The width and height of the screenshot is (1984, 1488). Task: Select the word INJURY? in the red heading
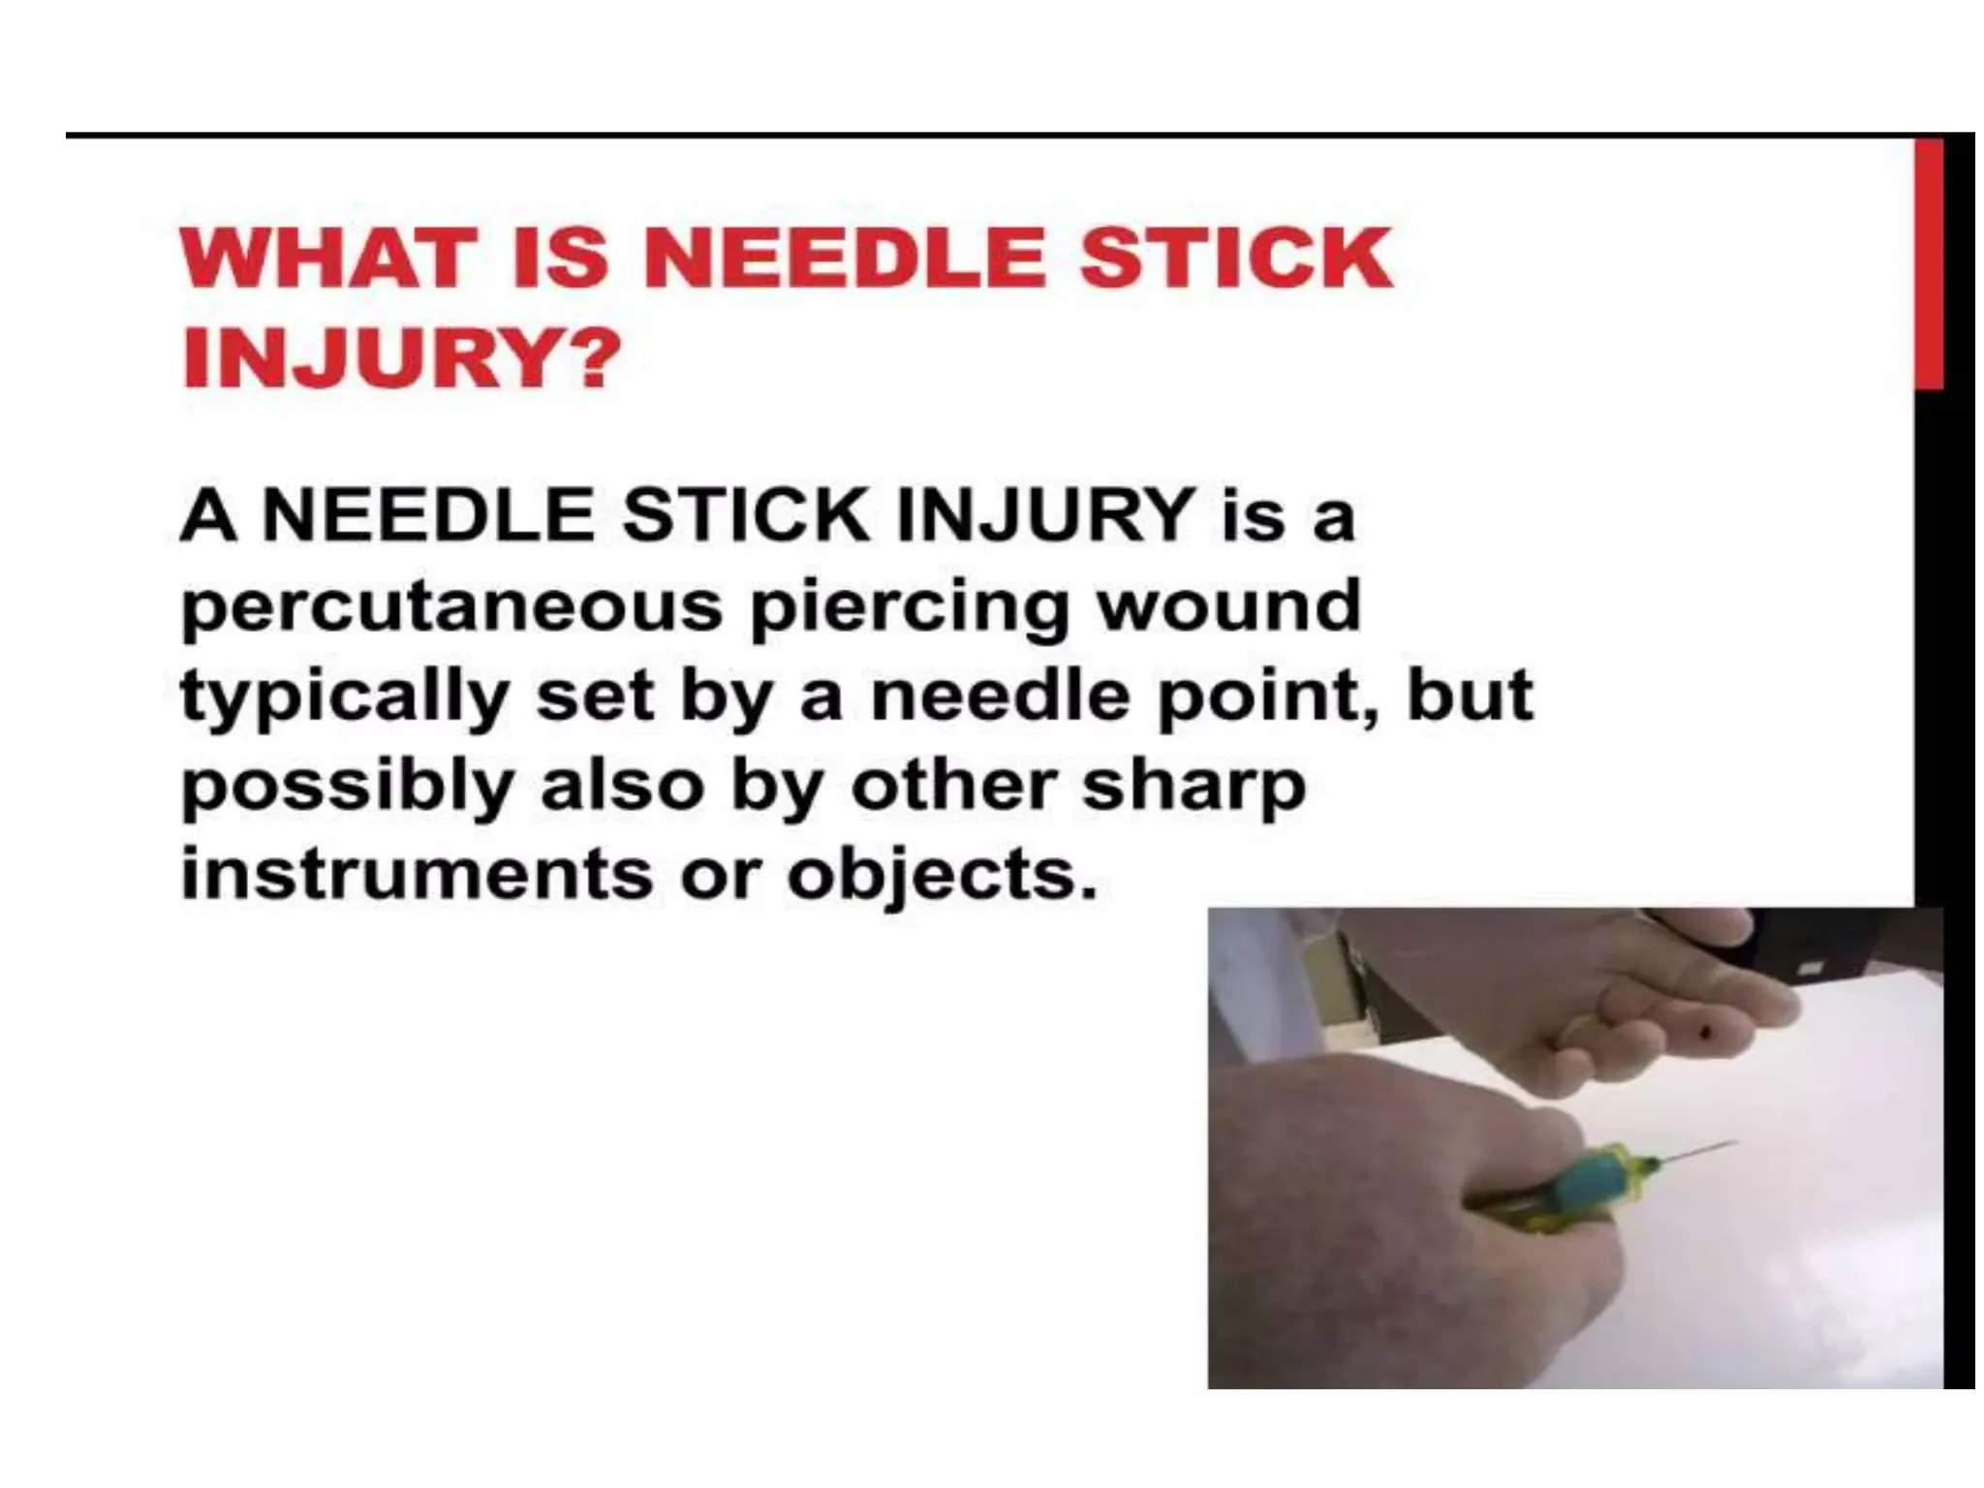point(399,358)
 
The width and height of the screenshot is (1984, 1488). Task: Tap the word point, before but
point(1274,697)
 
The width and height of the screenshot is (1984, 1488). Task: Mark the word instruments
point(417,875)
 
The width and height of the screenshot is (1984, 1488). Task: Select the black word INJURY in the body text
point(1045,515)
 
